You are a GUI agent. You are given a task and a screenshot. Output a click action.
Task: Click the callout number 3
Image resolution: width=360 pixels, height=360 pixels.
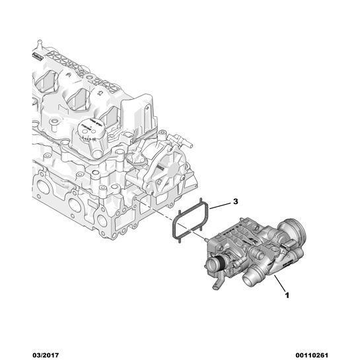click(x=234, y=201)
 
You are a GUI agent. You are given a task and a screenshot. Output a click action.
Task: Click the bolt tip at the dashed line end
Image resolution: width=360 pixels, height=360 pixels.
click(x=205, y=236)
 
